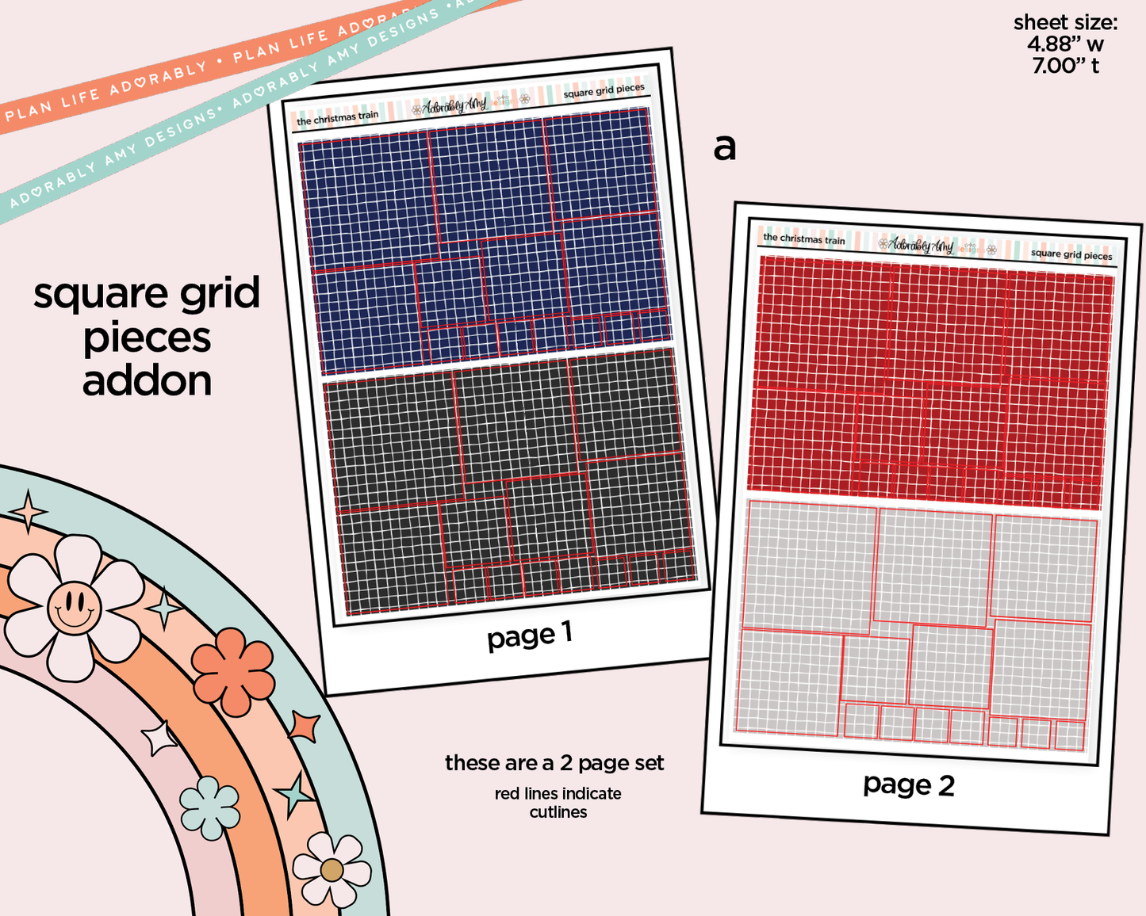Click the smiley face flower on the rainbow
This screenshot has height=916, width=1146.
[74, 608]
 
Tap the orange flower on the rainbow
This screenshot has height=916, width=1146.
[233, 671]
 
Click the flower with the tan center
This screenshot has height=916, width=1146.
[332, 869]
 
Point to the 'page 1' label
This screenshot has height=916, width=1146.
[529, 635]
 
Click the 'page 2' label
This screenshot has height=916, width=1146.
[909, 784]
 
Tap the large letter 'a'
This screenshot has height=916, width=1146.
[724, 147]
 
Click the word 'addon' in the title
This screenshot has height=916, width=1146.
[147, 381]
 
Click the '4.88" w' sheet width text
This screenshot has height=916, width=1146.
[1065, 44]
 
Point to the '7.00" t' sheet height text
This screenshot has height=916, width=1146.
[1065, 66]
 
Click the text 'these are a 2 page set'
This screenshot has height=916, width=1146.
[554, 763]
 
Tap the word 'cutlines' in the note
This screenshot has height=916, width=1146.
[558, 812]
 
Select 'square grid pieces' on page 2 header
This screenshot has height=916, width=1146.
[1071, 254]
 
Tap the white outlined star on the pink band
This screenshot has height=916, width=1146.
[160, 738]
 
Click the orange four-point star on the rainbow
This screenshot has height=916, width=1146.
[304, 726]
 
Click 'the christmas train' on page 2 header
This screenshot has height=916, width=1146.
[804, 239]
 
